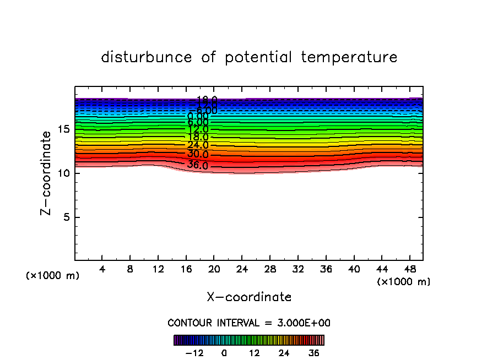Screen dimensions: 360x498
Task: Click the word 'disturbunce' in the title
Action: [x=147, y=57]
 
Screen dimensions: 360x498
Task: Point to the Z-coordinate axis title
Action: [x=48, y=173]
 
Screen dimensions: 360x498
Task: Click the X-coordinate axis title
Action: [x=249, y=297]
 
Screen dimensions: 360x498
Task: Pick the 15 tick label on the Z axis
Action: [x=64, y=129]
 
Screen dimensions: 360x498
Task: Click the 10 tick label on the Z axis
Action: [x=64, y=173]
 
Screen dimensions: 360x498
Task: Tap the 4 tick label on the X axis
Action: [x=102, y=269]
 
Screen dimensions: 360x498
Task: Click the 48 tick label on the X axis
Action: [x=409, y=269]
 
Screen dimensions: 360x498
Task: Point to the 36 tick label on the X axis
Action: [x=326, y=269]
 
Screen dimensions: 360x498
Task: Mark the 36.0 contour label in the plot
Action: [x=197, y=165]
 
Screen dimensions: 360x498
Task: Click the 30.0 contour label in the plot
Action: [x=197, y=154]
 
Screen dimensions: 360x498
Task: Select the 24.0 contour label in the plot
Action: [x=197, y=145]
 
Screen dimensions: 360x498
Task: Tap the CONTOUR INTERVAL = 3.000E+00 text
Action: [x=249, y=323]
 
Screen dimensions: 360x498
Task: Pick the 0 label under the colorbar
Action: [x=224, y=353]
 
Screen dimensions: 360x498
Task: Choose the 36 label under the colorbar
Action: [x=314, y=353]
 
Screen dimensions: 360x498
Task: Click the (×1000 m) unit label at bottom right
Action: [x=404, y=282]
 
